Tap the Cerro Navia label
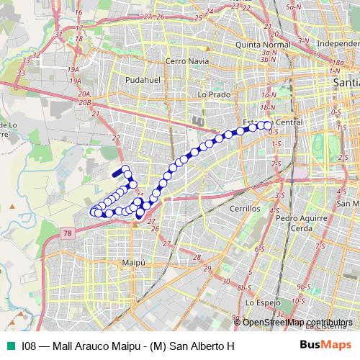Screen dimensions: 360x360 (186, 61)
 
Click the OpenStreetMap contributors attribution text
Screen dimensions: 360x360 (297, 323)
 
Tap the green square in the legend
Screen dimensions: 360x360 (9, 346)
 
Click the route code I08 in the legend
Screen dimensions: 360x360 (29, 346)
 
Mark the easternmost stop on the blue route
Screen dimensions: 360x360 (268, 125)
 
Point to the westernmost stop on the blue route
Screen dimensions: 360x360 (93, 212)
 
